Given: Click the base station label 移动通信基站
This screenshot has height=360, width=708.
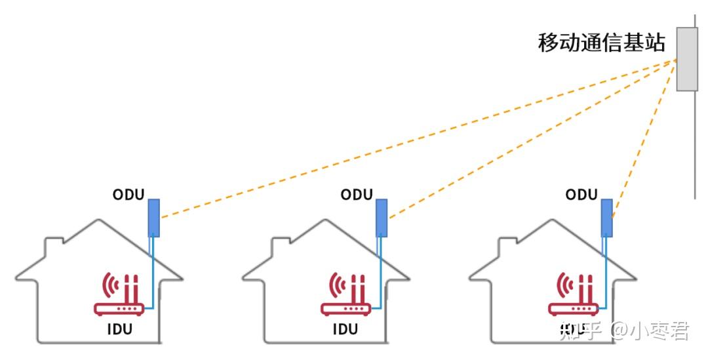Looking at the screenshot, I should coord(601,43).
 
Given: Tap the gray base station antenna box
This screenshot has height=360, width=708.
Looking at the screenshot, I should coord(686,59).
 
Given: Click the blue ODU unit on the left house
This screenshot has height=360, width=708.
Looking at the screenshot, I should coord(153,217).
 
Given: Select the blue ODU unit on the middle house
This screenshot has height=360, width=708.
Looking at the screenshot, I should coord(381,218).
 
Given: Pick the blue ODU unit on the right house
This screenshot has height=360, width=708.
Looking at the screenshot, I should coord(607,218).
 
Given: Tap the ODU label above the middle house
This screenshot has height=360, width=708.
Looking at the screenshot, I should coord(357,195).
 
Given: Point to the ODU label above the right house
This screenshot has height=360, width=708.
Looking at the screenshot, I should coord(581,195).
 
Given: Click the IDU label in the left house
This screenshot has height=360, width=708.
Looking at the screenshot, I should coord(119,329).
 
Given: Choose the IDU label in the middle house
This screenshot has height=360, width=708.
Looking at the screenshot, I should coord(345,329).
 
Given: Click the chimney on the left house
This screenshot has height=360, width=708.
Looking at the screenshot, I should coord(54,249).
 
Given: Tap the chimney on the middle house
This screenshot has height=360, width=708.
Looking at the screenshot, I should coord(281,249).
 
